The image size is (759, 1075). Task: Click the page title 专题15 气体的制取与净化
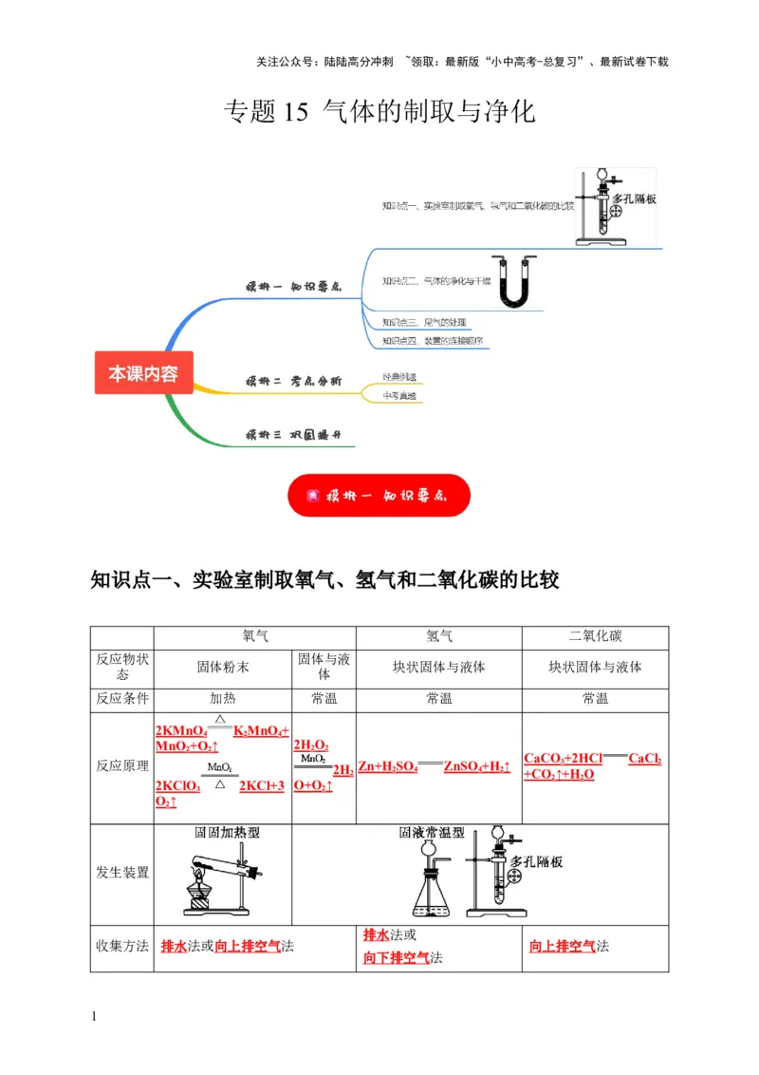click(x=379, y=112)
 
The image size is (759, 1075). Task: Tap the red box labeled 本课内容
click(x=143, y=373)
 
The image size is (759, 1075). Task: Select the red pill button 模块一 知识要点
click(x=379, y=495)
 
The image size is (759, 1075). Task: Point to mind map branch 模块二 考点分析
click(x=293, y=381)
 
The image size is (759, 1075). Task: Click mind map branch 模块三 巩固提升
click(x=293, y=435)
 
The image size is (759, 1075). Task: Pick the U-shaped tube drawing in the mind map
click(x=512, y=282)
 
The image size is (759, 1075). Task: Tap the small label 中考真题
click(x=398, y=395)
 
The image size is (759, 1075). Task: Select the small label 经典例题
click(x=398, y=376)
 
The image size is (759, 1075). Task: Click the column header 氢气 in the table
click(x=438, y=636)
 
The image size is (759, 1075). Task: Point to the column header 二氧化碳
click(x=595, y=636)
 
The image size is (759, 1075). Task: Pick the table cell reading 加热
click(x=223, y=698)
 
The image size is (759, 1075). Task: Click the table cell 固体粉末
click(x=223, y=667)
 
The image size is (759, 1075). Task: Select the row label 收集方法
click(x=122, y=946)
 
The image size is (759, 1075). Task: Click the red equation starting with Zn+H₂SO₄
click(x=434, y=766)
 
